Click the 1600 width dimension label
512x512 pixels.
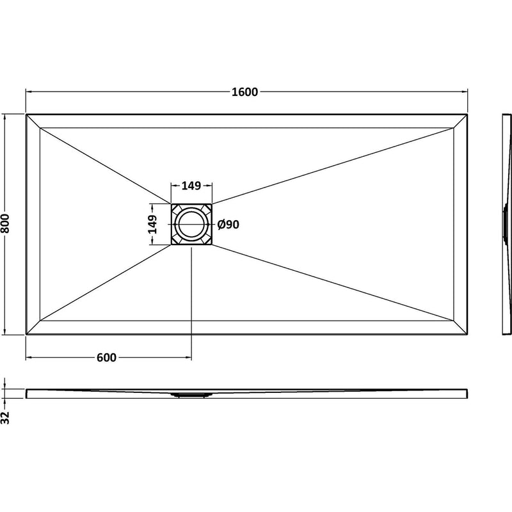(x=245, y=92)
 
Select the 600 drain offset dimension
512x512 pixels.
(x=106, y=358)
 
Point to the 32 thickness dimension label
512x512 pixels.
(x=5, y=418)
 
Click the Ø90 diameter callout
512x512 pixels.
(x=228, y=225)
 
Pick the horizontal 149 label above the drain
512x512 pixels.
(x=191, y=186)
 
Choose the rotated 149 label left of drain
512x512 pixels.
(x=152, y=225)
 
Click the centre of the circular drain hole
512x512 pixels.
(x=191, y=225)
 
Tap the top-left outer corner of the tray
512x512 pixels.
(x=26, y=115)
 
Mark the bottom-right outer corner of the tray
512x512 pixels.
(x=468, y=334)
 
